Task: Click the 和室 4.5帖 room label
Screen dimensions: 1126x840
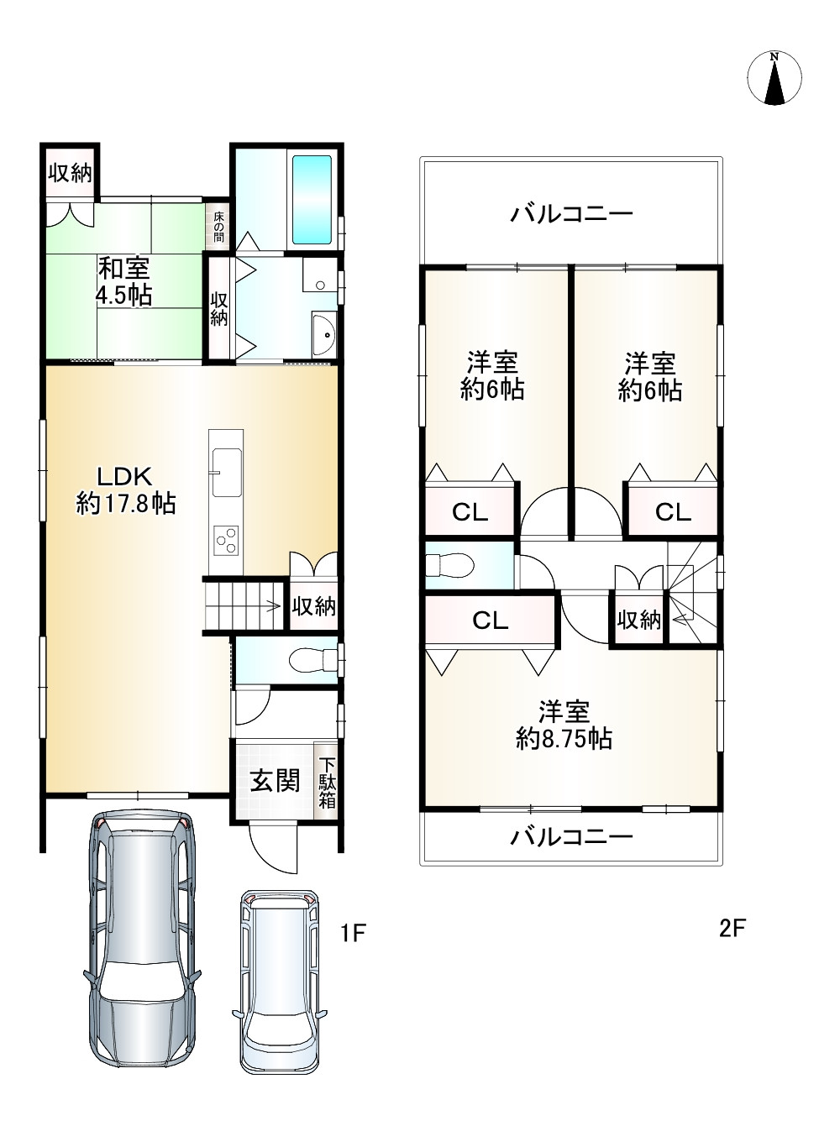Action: click(x=125, y=282)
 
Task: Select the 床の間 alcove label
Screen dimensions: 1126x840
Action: click(x=218, y=228)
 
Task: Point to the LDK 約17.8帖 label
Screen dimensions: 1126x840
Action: click(x=125, y=490)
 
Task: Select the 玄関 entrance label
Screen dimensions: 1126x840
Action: click(x=275, y=782)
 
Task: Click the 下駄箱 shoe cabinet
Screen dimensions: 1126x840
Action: click(x=327, y=783)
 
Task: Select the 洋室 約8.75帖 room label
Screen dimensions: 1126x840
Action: click(x=563, y=725)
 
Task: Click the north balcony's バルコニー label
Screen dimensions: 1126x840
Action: click(x=571, y=215)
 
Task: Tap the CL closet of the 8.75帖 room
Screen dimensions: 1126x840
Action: click(x=490, y=621)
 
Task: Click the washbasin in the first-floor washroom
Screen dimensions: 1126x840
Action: click(x=323, y=335)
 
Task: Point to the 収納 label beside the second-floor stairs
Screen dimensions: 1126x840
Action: click(x=639, y=621)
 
